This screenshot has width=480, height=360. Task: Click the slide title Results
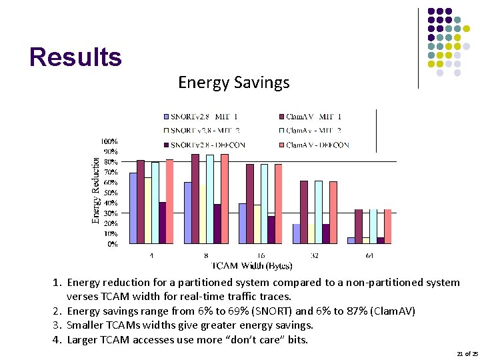click(x=75, y=57)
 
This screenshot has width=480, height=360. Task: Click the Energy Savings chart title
click(x=233, y=83)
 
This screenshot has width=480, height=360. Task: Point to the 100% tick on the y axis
click(x=109, y=141)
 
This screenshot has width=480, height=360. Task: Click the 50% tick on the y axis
click(x=110, y=193)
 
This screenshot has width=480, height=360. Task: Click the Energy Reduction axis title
click(x=96, y=190)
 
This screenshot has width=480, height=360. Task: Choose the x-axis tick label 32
click(x=314, y=255)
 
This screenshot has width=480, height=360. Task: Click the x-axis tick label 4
click(x=151, y=255)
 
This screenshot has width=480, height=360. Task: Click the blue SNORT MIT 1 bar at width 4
click(x=133, y=208)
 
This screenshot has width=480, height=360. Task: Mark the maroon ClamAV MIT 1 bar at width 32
click(x=304, y=212)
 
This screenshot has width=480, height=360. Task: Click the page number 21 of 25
click(x=467, y=353)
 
